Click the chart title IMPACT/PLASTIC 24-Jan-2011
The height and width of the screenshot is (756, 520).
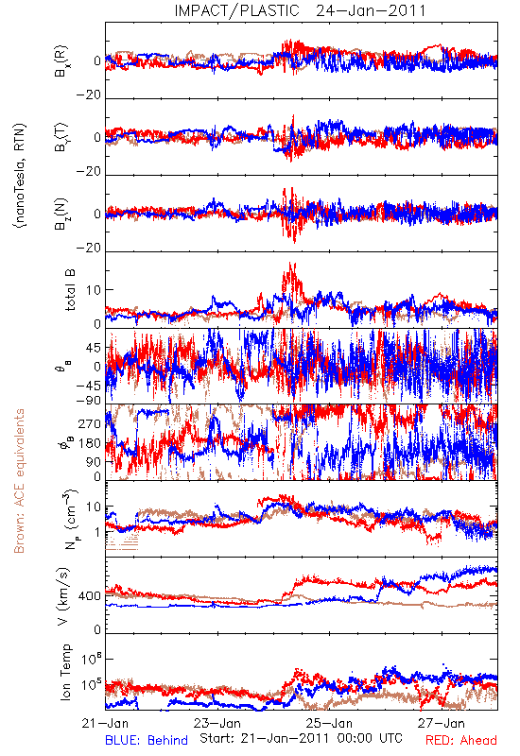300,10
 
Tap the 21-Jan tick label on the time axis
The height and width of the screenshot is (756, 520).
105,723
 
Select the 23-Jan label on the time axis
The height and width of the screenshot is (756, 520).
217,723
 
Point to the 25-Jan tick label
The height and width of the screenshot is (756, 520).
329,723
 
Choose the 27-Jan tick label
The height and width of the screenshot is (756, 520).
442,723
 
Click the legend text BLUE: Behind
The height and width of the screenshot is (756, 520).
147,740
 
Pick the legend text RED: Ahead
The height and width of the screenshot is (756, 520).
461,740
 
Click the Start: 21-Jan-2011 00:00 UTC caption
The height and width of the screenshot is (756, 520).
301,738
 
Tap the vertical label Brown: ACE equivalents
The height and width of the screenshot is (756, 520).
19,481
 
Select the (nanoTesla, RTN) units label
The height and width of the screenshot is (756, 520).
20,176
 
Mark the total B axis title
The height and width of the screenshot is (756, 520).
69,290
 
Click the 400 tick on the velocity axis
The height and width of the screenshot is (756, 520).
90,596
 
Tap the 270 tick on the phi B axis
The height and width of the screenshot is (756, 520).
90,424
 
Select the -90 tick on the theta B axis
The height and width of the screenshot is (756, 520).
89,401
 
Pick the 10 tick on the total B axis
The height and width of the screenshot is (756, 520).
94,290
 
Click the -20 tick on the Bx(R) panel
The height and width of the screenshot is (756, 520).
89,95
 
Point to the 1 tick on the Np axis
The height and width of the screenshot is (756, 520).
97,532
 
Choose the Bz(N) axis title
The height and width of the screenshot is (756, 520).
61,214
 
